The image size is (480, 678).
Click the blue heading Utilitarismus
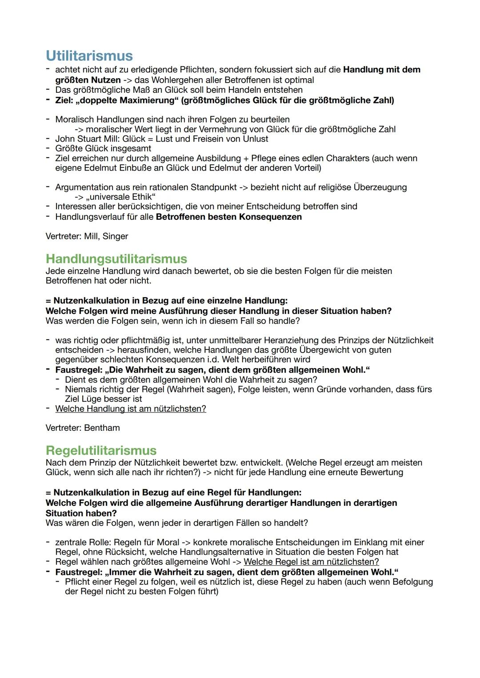(x=89, y=56)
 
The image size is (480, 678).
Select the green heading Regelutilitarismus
(x=101, y=450)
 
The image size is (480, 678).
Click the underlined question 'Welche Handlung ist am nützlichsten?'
(x=131, y=408)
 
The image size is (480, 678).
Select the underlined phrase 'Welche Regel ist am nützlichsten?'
(x=311, y=562)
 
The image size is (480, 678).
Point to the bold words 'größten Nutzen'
(x=88, y=80)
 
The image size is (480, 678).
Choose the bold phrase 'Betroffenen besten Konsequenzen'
(x=229, y=217)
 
